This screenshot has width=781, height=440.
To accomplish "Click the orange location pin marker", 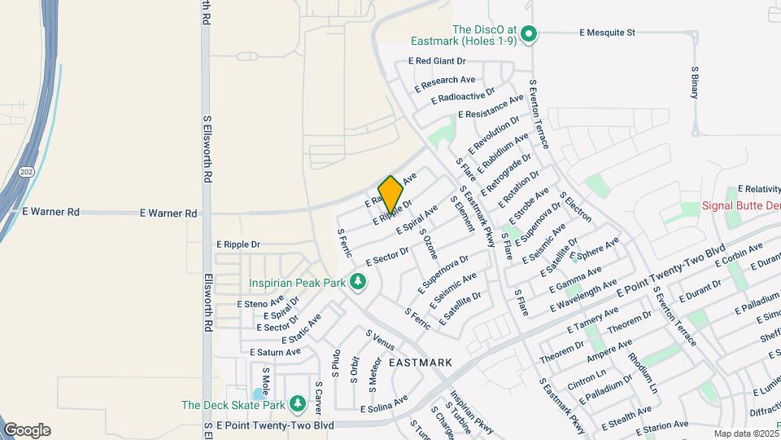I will click(x=391, y=194).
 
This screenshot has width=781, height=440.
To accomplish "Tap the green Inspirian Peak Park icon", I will click(x=358, y=283).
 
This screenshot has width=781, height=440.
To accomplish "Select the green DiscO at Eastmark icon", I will click(x=529, y=33).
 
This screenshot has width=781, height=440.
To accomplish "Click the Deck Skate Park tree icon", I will click(x=298, y=403).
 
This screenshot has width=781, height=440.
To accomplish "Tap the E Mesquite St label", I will click(x=606, y=33).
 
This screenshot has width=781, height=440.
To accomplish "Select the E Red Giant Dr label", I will click(x=437, y=61).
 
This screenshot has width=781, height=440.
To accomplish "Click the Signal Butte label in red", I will click(x=740, y=206).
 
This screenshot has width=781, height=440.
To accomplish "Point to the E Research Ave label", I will click(x=444, y=83).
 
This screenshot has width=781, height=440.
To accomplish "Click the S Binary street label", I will click(x=696, y=82).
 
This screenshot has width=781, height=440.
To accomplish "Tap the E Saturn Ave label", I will click(x=275, y=352).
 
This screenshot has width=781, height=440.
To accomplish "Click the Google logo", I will click(x=27, y=430).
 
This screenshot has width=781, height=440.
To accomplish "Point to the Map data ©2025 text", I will click(x=746, y=433).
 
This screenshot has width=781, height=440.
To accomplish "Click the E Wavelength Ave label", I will click(x=583, y=295).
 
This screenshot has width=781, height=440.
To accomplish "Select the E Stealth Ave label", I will click(x=627, y=417).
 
